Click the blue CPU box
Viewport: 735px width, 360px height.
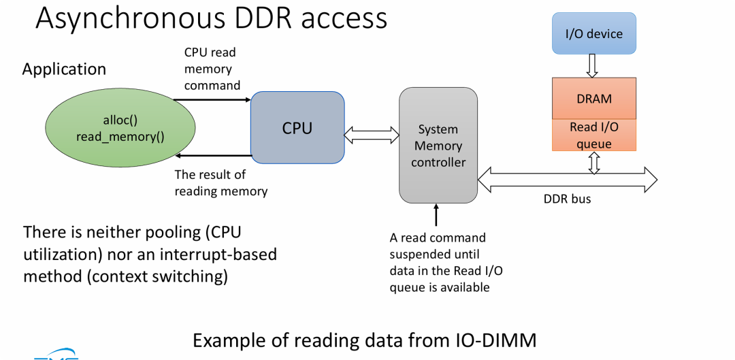(x=297, y=127)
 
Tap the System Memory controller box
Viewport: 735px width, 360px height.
(x=438, y=145)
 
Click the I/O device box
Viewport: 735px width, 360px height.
(x=594, y=33)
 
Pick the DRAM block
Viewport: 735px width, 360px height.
(x=594, y=98)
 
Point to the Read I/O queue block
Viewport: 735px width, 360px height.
(x=594, y=135)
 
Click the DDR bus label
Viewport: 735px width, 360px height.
(x=567, y=199)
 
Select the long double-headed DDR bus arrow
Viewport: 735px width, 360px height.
(x=568, y=180)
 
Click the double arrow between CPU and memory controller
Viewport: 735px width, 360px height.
(x=372, y=135)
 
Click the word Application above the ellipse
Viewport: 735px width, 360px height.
(x=64, y=69)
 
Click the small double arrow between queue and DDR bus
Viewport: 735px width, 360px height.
(x=594, y=163)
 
